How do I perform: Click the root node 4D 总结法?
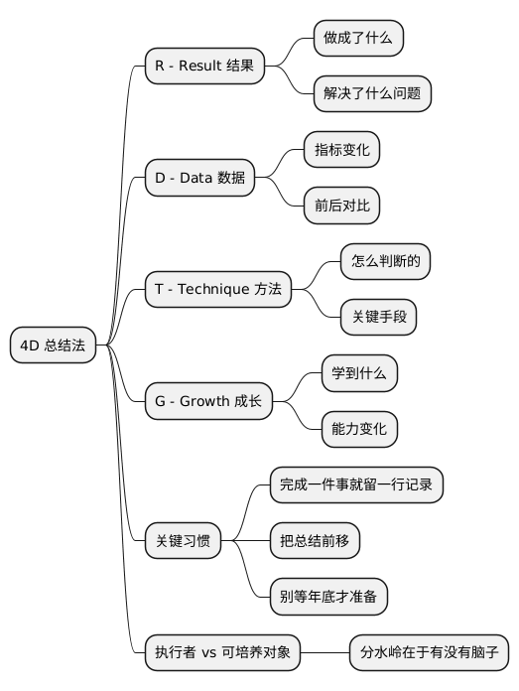click(x=52, y=345)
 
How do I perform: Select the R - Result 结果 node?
click(x=204, y=67)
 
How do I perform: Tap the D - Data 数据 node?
click(x=199, y=178)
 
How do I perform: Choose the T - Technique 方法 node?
click(x=218, y=290)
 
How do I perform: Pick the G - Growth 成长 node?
click(x=208, y=401)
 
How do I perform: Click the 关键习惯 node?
click(x=183, y=541)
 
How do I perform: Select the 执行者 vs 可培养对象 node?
click(x=221, y=652)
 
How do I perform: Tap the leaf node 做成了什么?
click(x=357, y=39)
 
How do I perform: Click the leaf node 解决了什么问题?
click(x=371, y=94)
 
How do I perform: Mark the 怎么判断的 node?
click(x=385, y=262)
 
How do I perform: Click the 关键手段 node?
click(x=378, y=318)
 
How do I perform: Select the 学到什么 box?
click(x=358, y=373)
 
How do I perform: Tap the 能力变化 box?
click(x=359, y=429)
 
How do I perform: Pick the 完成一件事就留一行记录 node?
click(x=355, y=484)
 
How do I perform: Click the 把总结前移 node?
click(x=315, y=541)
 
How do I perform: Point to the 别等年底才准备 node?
click(x=328, y=597)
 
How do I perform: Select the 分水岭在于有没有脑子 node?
click(x=429, y=652)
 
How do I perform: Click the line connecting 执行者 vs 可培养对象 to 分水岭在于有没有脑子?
click(x=324, y=652)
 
